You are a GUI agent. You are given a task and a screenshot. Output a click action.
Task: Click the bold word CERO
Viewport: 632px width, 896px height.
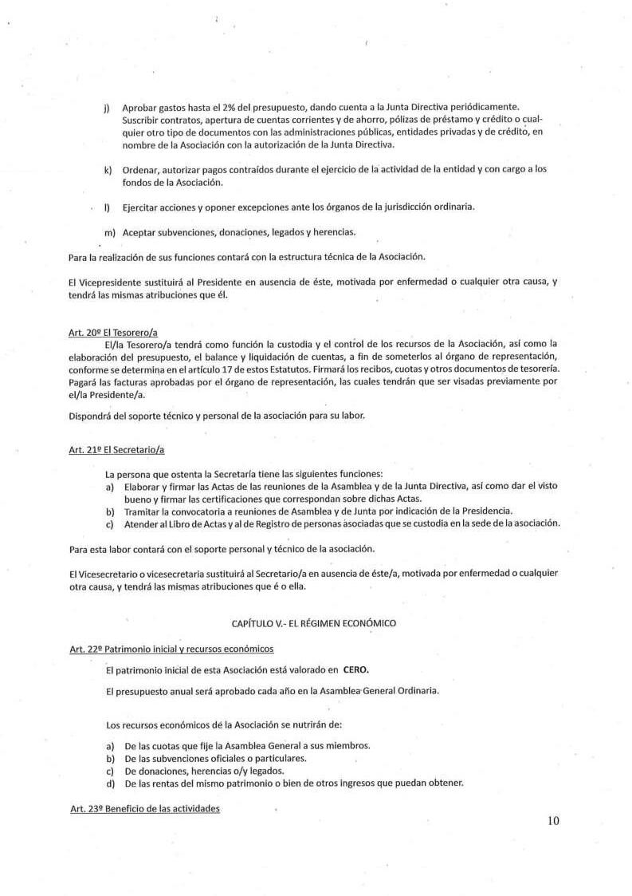pos(356,669)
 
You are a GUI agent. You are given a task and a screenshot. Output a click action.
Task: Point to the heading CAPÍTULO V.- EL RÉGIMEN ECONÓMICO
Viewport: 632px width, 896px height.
pos(313,622)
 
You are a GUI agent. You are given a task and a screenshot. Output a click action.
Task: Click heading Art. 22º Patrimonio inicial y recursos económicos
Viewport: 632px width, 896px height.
pos(171,649)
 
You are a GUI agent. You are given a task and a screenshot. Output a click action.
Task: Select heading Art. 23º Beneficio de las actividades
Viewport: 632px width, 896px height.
pos(144,808)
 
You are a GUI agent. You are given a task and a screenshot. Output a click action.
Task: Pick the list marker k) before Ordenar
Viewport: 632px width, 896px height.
pos(107,170)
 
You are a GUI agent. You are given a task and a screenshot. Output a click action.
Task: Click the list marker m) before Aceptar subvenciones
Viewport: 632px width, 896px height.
pos(109,232)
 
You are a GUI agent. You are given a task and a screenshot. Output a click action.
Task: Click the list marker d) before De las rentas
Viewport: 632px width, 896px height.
pos(109,783)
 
